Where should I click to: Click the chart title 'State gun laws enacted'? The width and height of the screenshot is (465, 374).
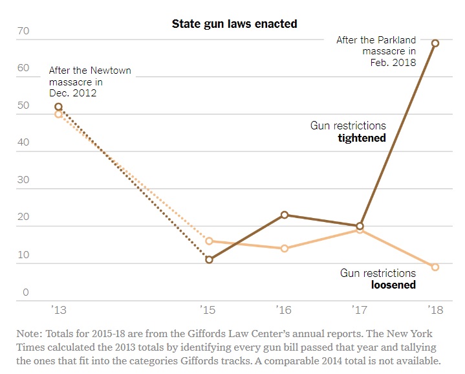tap(234, 24)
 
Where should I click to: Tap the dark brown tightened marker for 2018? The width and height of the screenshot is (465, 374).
tap(435, 43)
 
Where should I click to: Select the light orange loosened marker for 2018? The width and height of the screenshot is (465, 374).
tap(435, 267)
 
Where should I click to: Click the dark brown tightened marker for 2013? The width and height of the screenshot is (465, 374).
tap(59, 107)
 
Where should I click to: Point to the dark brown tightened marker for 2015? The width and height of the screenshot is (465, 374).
tap(209, 259)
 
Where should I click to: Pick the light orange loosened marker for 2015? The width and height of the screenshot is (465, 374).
tap(209, 241)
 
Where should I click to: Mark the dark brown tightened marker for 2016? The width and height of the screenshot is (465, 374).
tap(285, 215)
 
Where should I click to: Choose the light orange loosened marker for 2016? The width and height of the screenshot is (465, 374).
tap(285, 248)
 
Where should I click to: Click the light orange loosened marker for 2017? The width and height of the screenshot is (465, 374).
tap(360, 230)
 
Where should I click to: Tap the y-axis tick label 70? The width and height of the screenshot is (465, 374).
tap(23, 30)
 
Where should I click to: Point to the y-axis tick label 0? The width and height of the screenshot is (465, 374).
tap(26, 292)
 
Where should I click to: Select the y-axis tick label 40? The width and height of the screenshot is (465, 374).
tap(23, 143)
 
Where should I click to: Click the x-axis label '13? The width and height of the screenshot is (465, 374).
tap(59, 311)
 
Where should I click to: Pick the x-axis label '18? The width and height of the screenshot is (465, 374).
tap(435, 311)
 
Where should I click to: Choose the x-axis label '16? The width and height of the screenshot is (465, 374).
tap(285, 311)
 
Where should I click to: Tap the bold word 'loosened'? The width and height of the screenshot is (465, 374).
tap(393, 285)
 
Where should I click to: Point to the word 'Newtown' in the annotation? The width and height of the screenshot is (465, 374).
tap(111, 71)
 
